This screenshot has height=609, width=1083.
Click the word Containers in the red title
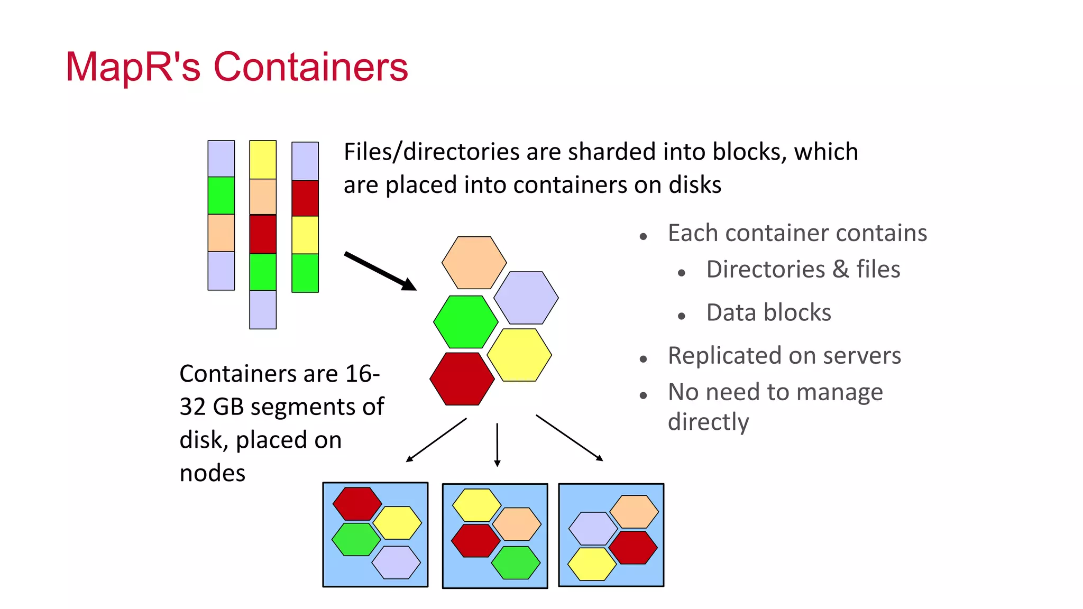tap(310, 67)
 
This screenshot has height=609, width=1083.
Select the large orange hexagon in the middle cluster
tap(474, 263)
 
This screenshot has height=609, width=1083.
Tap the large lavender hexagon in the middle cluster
tap(526, 298)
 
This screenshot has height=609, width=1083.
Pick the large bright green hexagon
tap(465, 321)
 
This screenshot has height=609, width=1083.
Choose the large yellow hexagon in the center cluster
tap(519, 355)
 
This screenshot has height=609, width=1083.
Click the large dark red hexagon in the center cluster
tap(462, 379)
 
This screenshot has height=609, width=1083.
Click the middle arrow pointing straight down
tap(497, 444)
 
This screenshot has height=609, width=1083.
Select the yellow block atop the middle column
tap(263, 160)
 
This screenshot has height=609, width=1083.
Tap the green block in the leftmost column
tap(221, 195)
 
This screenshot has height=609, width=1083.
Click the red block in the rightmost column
tap(305, 198)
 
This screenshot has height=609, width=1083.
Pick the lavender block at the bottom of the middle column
tap(263, 310)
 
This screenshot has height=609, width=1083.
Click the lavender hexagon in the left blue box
tap(396, 562)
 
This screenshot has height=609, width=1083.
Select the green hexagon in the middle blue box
tap(516, 562)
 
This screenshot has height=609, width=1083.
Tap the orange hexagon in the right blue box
tap(634, 511)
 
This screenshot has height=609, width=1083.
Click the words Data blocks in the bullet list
tap(768, 312)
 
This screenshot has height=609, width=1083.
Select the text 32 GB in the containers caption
tap(211, 407)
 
